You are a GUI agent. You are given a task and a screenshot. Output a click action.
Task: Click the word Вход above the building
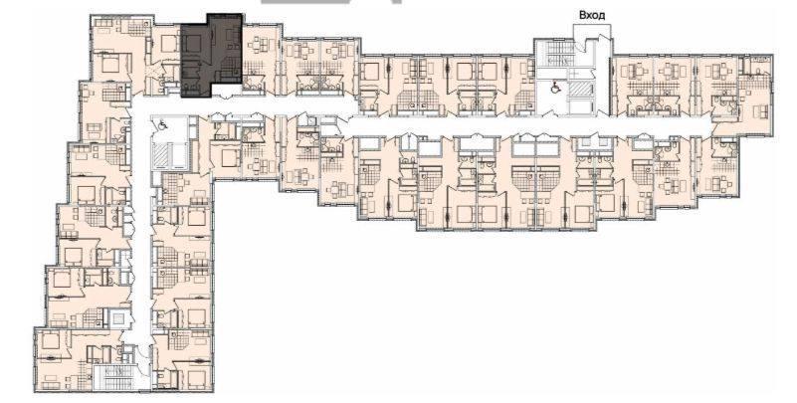[592, 15]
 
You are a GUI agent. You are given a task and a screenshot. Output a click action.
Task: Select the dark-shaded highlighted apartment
[211, 56]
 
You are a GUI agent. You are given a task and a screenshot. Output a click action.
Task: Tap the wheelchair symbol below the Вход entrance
[556, 87]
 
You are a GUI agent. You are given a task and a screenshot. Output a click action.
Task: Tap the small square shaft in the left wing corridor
[118, 318]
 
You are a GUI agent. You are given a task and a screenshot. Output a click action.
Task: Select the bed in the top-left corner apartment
[109, 64]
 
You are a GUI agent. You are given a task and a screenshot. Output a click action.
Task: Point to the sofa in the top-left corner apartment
[106, 23]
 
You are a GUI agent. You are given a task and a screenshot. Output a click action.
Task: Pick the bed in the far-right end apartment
[761, 110]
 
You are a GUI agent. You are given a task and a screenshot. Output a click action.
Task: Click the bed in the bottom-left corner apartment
[51, 340]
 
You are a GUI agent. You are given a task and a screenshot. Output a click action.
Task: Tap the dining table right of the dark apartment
[257, 44]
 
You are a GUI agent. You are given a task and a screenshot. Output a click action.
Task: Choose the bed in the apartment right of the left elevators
[225, 159]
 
